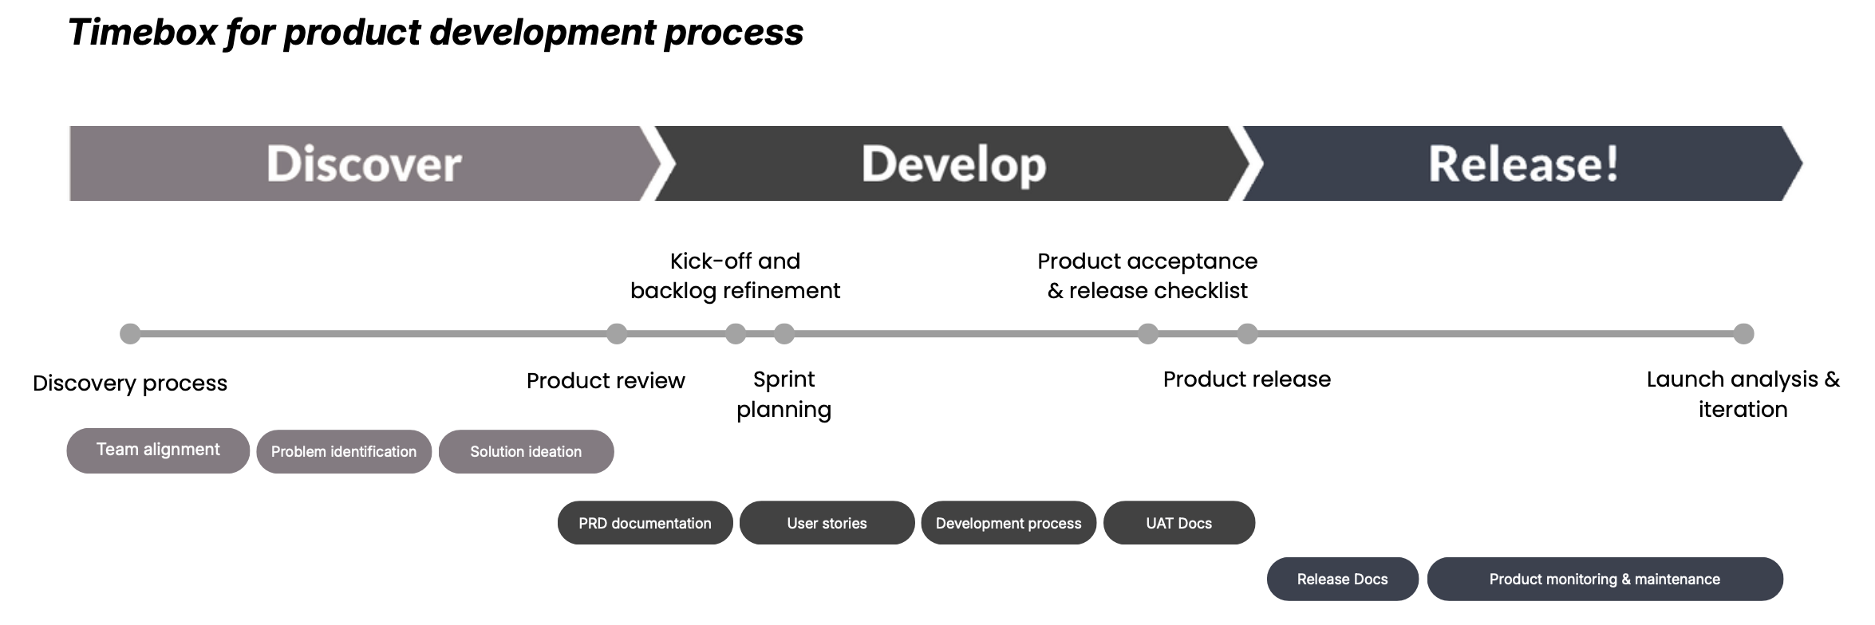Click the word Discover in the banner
click(364, 164)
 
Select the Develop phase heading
click(953, 164)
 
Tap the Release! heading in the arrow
click(1523, 164)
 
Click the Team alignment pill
click(158, 450)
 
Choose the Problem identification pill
click(344, 452)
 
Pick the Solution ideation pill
click(526, 452)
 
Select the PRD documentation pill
click(645, 523)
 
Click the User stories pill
click(827, 523)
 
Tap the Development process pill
click(1009, 523)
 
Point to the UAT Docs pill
click(1178, 523)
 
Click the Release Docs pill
click(1342, 580)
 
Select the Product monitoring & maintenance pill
click(1605, 580)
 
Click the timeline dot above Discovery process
click(130, 334)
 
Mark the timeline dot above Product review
click(617, 334)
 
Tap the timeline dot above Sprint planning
click(784, 334)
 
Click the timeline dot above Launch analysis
click(1743, 334)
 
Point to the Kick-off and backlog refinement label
click(735, 276)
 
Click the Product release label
click(1246, 379)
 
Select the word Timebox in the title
click(142, 33)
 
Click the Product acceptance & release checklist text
click(1147, 276)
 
